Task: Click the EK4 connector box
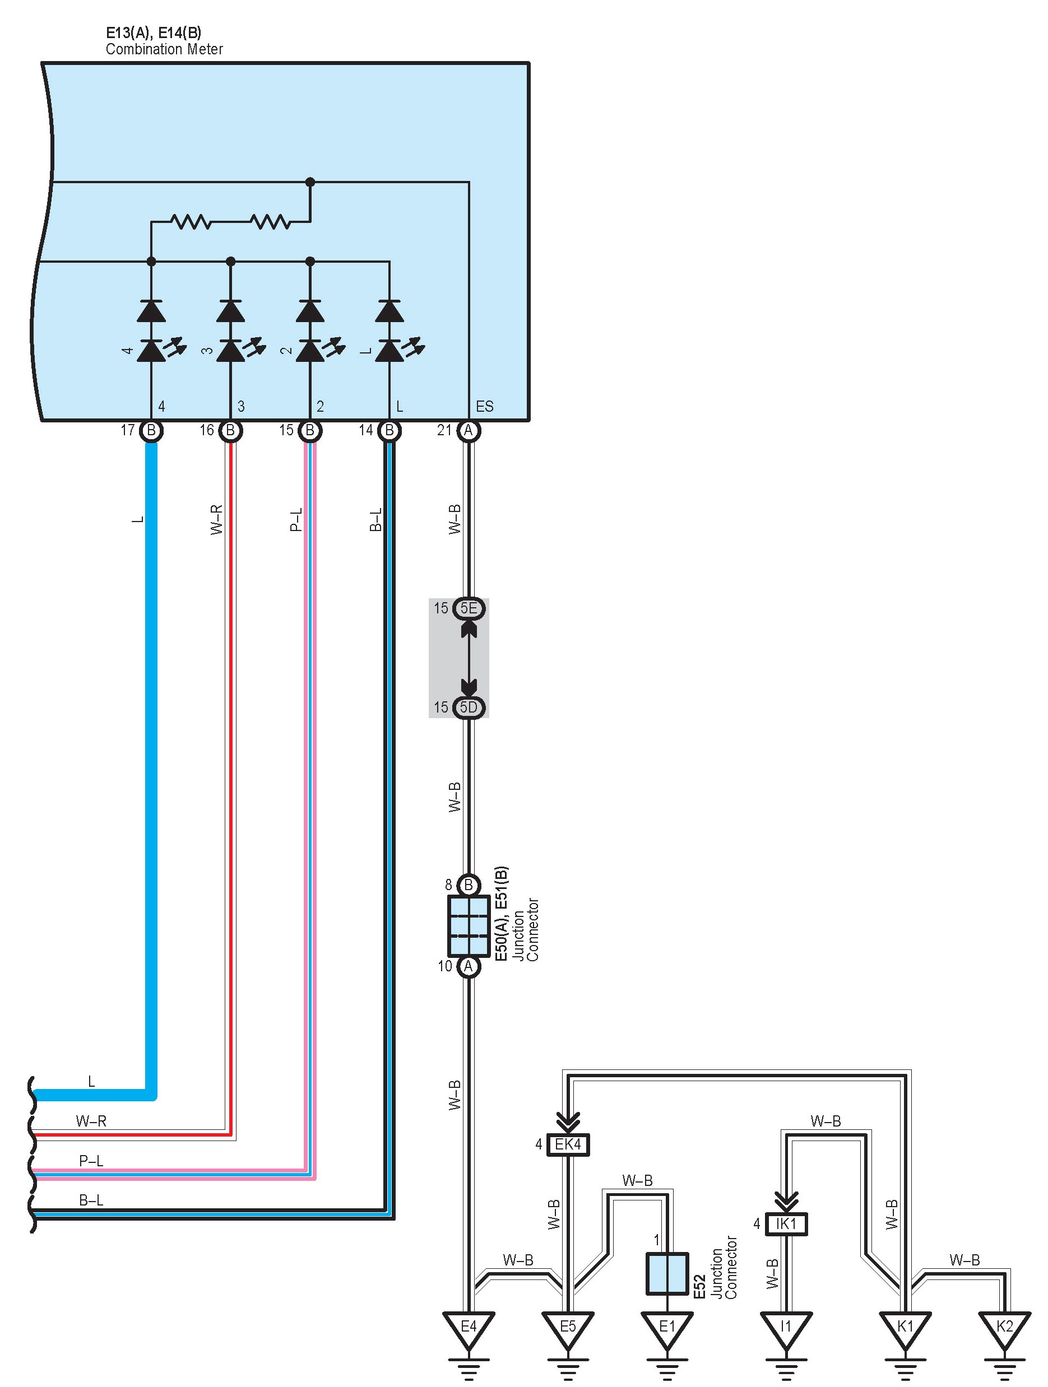point(568,1144)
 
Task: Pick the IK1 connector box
point(786,1223)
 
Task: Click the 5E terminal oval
point(469,608)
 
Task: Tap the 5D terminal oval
point(469,708)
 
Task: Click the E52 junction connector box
point(667,1273)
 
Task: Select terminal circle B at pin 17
point(151,431)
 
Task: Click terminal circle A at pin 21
point(469,431)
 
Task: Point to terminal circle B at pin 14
point(389,431)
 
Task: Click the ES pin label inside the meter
point(485,406)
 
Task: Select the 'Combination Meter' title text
point(164,49)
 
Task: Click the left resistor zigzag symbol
point(191,221)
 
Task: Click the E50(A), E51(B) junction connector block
point(469,925)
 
